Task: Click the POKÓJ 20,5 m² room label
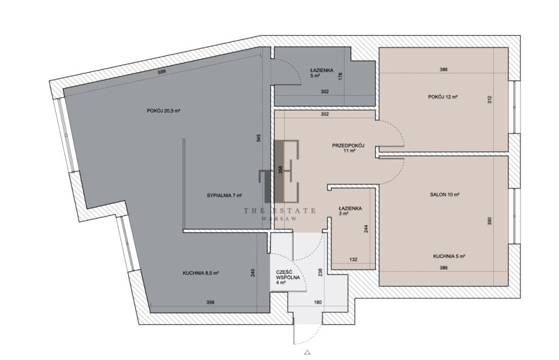[x=163, y=111]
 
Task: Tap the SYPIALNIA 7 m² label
[x=225, y=196]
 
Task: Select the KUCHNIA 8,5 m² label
[x=200, y=273]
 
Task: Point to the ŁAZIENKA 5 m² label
[x=321, y=73]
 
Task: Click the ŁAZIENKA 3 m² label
[x=350, y=211]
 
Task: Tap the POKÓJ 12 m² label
[x=443, y=97]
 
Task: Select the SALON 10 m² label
[x=444, y=195]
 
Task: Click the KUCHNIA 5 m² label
[x=449, y=256]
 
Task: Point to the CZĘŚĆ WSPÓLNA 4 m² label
[x=287, y=277]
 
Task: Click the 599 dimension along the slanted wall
[x=162, y=72]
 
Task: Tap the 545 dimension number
[x=259, y=138]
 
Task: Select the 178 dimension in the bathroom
[x=341, y=76]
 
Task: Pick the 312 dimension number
[x=490, y=100]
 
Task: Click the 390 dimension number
[x=490, y=221]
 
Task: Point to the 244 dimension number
[x=366, y=229]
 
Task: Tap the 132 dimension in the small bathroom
[x=353, y=260]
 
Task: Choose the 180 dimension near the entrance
[x=318, y=302]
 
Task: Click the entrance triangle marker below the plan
[x=307, y=353]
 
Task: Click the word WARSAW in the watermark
[x=279, y=218]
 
